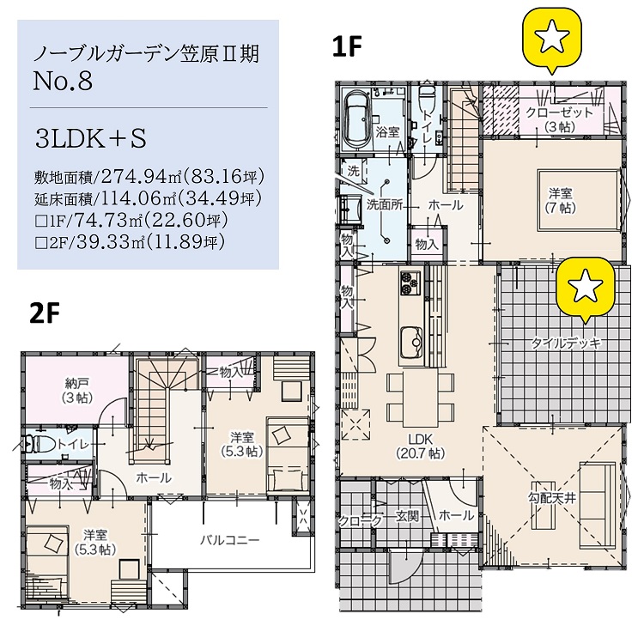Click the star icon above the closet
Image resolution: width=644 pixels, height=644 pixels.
(x=551, y=38)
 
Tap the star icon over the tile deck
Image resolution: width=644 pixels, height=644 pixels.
(x=585, y=286)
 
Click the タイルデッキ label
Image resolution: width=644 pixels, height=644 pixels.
(x=567, y=343)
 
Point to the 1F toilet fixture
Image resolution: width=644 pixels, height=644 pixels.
(x=428, y=97)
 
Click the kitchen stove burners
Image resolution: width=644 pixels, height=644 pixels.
(x=410, y=283)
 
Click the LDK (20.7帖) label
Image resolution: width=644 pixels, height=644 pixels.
(x=421, y=446)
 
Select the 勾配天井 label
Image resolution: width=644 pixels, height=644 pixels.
(x=551, y=499)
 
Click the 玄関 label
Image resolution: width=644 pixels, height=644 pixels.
(x=407, y=516)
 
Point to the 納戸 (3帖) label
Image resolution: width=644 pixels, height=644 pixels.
(x=77, y=391)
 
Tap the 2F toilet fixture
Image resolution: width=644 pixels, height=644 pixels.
(x=38, y=444)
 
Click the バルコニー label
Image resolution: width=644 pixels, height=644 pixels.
(x=230, y=540)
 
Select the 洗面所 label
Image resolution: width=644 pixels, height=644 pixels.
(x=385, y=205)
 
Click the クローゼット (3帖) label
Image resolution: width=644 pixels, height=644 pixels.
(x=560, y=119)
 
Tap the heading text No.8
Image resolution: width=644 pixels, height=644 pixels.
(x=63, y=81)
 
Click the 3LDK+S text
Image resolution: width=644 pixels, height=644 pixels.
(x=91, y=138)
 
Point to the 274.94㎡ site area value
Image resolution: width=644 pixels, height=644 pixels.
(x=143, y=177)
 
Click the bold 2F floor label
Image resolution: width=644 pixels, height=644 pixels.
(x=45, y=313)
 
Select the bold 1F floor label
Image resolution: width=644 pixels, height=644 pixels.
(x=347, y=46)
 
